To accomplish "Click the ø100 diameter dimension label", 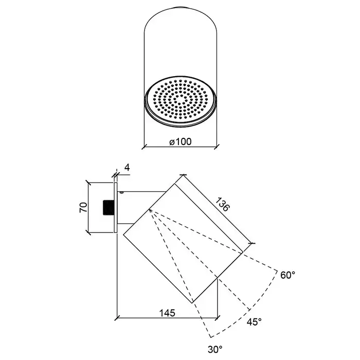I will [x=179, y=141].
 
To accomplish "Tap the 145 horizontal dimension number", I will [x=167, y=312].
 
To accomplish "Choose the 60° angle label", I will [x=288, y=275].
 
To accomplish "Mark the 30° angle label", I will [x=215, y=349].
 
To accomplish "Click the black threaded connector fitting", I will [x=109, y=207].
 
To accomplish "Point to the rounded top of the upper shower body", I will [x=179, y=9].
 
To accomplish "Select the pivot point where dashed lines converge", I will [x=149, y=209].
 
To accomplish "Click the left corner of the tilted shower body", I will [x=123, y=236].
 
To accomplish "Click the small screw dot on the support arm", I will [x=122, y=193].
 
